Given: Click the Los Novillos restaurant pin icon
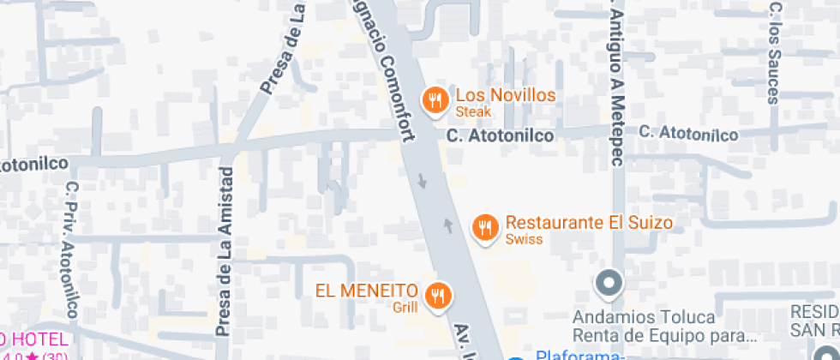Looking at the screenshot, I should coord(435,101).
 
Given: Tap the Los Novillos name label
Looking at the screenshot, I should coord(505,95).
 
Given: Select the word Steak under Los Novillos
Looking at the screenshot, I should coord(472,112).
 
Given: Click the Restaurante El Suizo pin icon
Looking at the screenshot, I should coord(485,227).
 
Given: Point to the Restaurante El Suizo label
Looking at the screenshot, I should coord(589,223).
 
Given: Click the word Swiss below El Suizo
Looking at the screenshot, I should coord(524,239).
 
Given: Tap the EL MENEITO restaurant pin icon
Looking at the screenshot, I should coord(439,297).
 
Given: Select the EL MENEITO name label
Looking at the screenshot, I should coord(366,290).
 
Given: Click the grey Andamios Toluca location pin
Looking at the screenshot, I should coord(609,282).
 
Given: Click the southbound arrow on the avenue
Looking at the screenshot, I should coord(420,182).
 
